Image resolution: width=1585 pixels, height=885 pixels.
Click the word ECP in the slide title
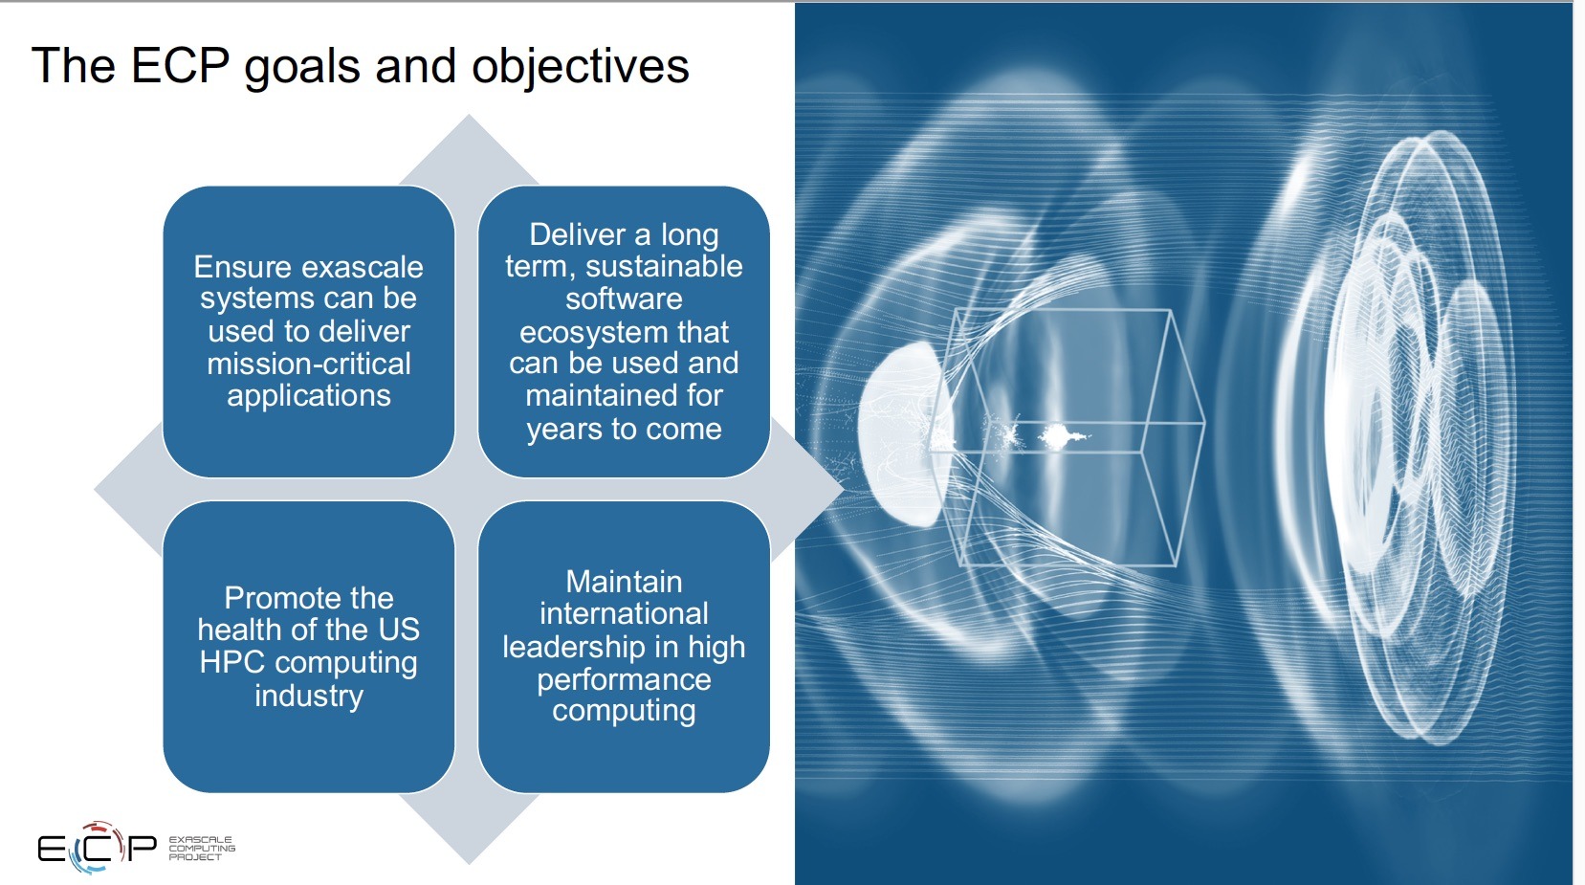tap(179, 66)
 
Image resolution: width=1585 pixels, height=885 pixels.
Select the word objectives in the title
tap(580, 68)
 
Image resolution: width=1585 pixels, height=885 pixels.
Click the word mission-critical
tap(309, 364)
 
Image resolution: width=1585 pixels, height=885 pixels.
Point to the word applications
tap(309, 396)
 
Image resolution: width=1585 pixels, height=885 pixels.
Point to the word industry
tap(309, 696)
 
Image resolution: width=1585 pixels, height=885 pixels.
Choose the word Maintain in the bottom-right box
tap(624, 582)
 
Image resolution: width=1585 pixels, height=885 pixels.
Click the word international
tap(624, 613)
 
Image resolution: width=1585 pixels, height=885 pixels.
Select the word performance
tap(624, 679)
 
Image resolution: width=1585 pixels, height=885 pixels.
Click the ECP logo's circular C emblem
tap(97, 848)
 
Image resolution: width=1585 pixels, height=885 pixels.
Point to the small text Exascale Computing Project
tap(201, 849)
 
